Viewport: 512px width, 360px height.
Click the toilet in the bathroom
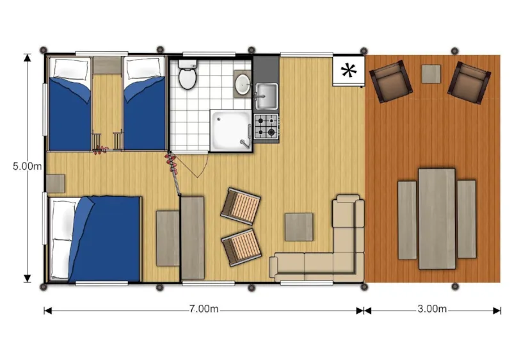(188, 77)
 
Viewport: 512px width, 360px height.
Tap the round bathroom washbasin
(243, 83)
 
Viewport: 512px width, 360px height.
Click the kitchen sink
(266, 95)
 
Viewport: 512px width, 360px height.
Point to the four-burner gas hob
(267, 126)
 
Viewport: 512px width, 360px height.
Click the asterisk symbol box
(348, 70)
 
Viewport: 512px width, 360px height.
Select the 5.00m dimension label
(27, 167)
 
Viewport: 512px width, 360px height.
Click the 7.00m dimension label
(204, 309)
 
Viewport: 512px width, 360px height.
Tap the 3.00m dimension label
(432, 309)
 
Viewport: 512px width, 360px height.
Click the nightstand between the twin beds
(108, 65)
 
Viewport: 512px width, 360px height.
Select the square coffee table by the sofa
(299, 227)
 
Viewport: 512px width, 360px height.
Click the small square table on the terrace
(431, 74)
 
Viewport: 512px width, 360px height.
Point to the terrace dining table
(436, 218)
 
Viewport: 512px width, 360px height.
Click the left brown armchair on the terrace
(389, 81)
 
